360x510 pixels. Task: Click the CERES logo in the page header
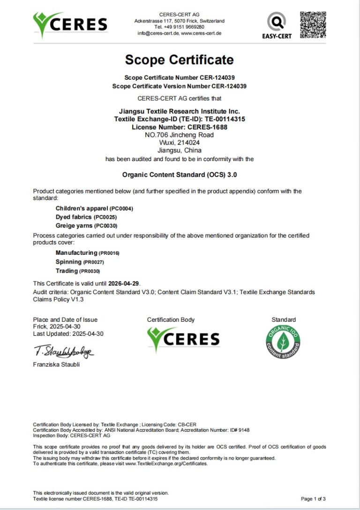click(70, 24)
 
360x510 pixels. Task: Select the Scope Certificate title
click(180, 60)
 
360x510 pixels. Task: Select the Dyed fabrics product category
click(74, 217)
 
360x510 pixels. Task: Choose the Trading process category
click(67, 271)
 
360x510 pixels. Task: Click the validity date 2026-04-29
click(124, 283)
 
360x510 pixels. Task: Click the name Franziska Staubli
click(56, 364)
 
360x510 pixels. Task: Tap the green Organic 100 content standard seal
click(283, 342)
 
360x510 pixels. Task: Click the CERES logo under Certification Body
click(183, 340)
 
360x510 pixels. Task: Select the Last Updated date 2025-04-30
click(88, 334)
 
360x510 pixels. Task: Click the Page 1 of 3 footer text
click(313, 499)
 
